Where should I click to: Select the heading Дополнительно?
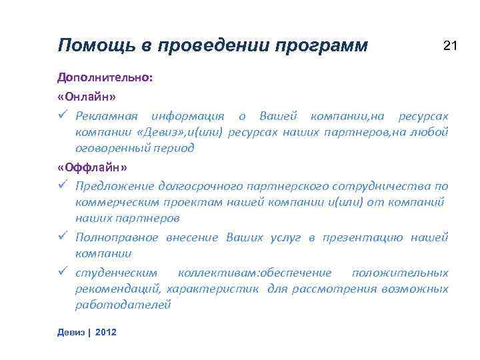click(x=105, y=78)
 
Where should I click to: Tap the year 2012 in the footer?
click(x=106, y=331)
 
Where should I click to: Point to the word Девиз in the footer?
click(x=71, y=331)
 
